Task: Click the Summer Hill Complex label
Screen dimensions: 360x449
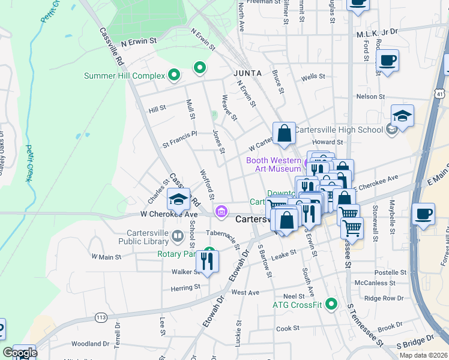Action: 124,76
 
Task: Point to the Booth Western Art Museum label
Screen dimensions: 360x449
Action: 273,164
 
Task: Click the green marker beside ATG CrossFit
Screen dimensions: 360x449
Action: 330,304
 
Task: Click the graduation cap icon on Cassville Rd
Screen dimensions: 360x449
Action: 178,200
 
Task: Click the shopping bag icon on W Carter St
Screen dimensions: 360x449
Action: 285,133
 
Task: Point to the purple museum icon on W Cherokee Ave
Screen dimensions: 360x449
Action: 221,211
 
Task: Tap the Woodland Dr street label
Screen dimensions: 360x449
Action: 90,344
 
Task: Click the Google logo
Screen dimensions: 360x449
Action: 20,353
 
